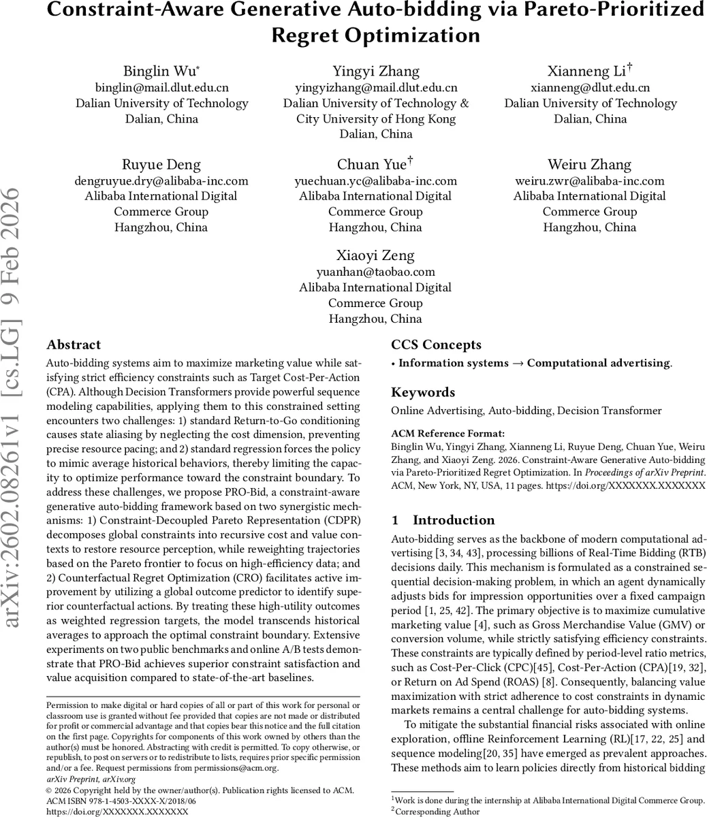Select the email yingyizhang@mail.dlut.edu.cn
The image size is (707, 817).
tap(376, 88)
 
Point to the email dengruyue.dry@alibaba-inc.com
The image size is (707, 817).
tap(161, 181)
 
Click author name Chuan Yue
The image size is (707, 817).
tap(372, 165)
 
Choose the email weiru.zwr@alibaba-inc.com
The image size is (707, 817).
tap(590, 181)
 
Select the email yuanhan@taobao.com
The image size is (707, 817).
tap(376, 272)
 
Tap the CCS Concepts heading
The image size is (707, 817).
tap(436, 345)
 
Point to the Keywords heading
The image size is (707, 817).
tap(423, 392)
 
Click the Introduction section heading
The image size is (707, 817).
tap(453, 520)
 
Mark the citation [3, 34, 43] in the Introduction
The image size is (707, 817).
tap(460, 551)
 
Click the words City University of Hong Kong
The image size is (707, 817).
tap(376, 118)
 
